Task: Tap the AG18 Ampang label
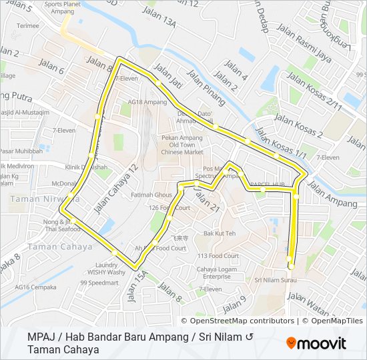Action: pos(147,102)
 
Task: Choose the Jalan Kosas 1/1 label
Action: pos(282,144)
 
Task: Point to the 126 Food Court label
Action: pos(169,208)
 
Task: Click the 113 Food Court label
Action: pos(218,255)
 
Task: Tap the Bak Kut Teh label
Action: pos(220,233)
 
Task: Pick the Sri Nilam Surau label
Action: pos(267,279)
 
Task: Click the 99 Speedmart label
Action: pos(99,283)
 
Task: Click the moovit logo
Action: pos(316,343)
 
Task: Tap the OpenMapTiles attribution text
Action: pos(337,321)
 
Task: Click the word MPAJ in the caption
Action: pos(42,337)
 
